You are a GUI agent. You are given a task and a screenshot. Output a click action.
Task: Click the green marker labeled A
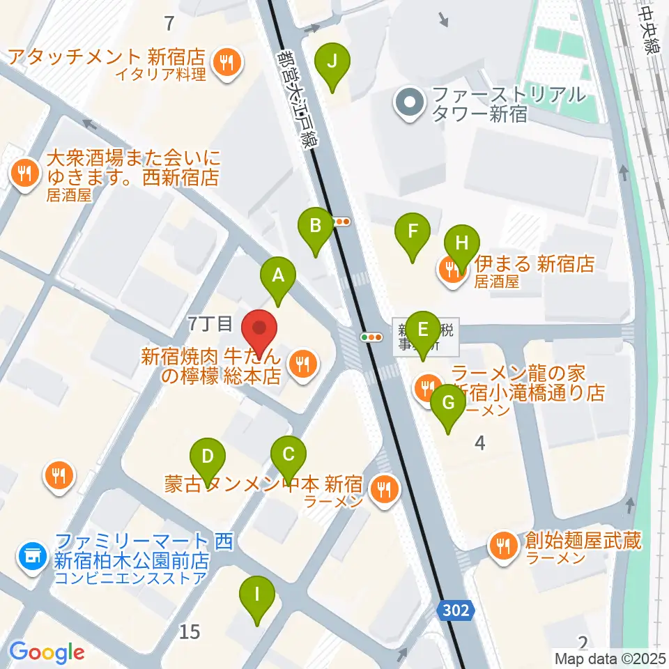coord(278,277)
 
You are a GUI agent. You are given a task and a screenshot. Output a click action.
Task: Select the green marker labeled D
coord(208,457)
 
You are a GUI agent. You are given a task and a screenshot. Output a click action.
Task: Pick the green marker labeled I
coord(257,597)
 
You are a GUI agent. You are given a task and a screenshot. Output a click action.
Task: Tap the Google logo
coord(47,652)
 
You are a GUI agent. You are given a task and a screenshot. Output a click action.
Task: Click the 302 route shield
coord(457,610)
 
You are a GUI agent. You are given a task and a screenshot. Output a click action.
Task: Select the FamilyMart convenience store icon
coord(32,555)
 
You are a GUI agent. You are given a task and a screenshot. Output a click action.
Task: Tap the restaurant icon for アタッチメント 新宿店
coord(227,63)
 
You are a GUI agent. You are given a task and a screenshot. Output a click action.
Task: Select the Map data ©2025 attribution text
coord(610,658)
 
